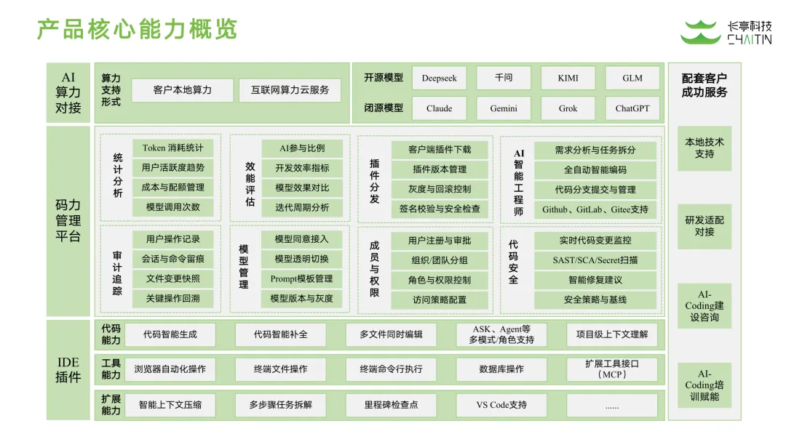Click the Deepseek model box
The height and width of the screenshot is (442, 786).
pyautogui.click(x=439, y=78)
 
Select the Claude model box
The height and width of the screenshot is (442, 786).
pyautogui.click(x=439, y=108)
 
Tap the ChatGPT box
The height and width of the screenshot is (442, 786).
pyautogui.click(x=632, y=108)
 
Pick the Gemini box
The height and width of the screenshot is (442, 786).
pyautogui.click(x=504, y=108)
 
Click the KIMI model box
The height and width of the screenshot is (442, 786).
pyautogui.click(x=568, y=78)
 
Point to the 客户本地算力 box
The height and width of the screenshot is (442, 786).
pyautogui.click(x=183, y=90)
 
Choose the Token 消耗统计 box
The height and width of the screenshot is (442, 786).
pyautogui.click(x=173, y=148)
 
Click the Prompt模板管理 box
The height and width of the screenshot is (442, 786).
pyautogui.click(x=301, y=278)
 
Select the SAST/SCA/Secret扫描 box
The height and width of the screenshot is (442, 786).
pyautogui.click(x=595, y=260)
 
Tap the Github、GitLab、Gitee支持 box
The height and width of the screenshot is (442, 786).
pyautogui.click(x=595, y=209)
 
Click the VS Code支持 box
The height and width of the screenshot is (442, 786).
pyautogui.click(x=501, y=405)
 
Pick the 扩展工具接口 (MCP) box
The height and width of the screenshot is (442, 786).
pyautogui.click(x=611, y=369)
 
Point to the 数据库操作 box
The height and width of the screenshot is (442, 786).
pyautogui.click(x=501, y=369)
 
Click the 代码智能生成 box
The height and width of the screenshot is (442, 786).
pyautogui.click(x=170, y=334)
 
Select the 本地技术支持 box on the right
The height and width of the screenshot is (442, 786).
pyautogui.click(x=704, y=148)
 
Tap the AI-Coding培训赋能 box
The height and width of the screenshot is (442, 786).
pyautogui.click(x=704, y=385)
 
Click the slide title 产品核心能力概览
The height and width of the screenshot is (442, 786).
pyautogui.click(x=138, y=30)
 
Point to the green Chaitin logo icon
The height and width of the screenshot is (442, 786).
pyautogui.click(x=700, y=33)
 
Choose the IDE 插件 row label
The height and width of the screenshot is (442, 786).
pyautogui.click(x=69, y=369)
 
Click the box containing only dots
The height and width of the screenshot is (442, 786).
pyautogui.click(x=611, y=405)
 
